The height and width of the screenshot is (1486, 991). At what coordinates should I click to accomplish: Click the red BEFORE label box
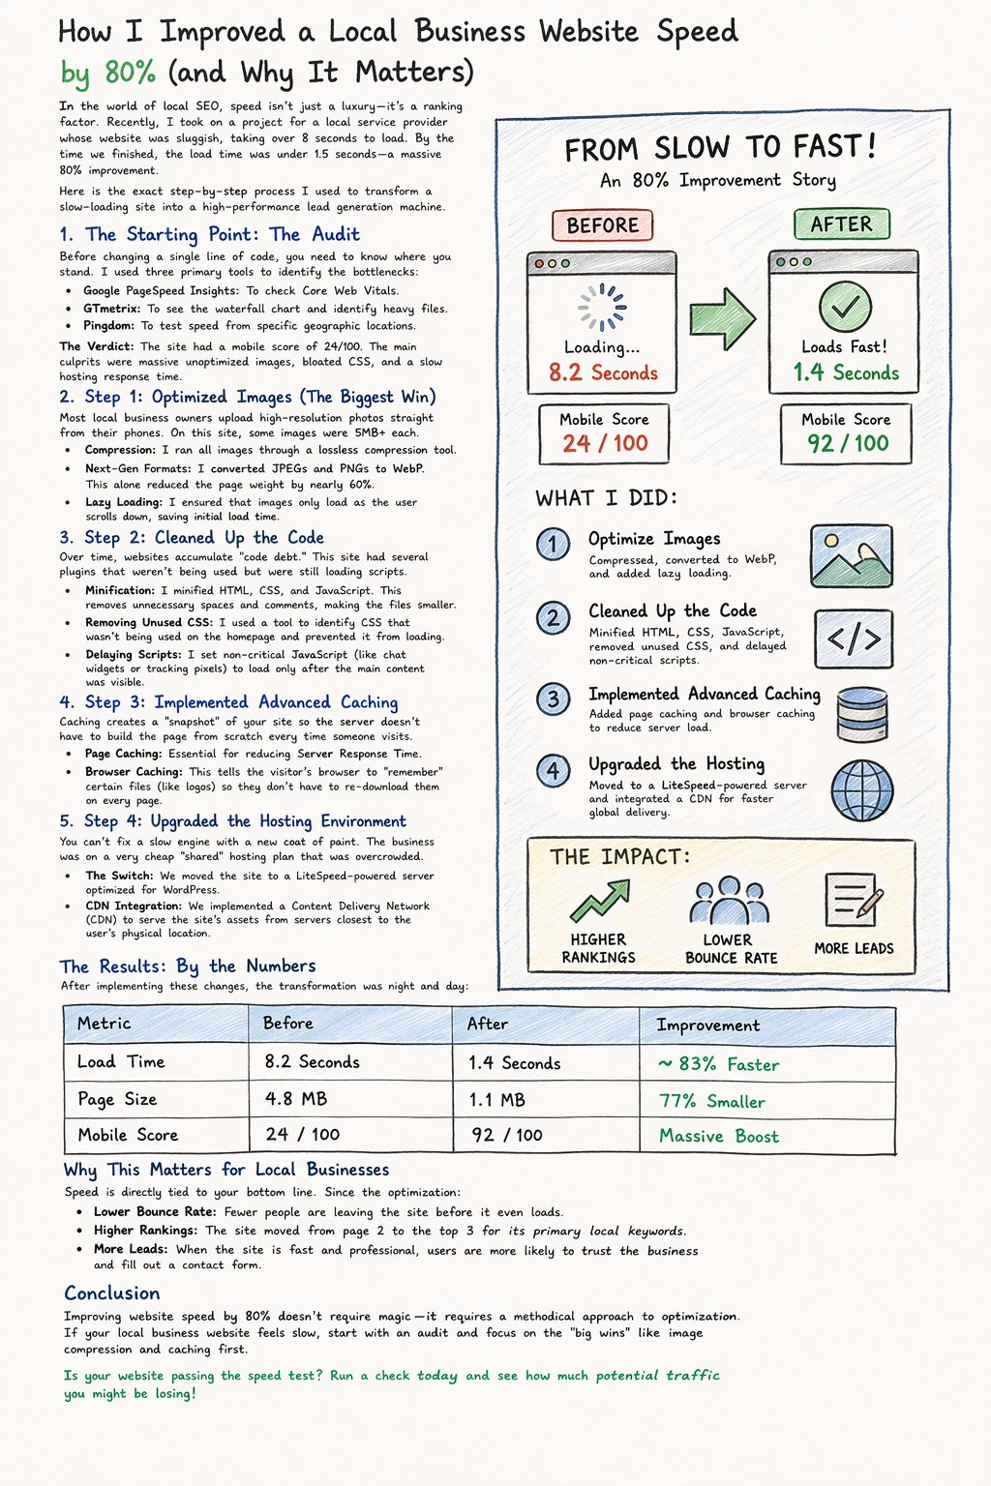pyautogui.click(x=602, y=225)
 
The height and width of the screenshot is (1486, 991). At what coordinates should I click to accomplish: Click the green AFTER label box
pyautogui.click(x=841, y=224)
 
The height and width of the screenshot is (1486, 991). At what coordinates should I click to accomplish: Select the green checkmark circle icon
pyautogui.click(x=845, y=307)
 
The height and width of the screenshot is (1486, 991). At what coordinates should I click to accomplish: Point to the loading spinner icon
pyautogui.click(x=602, y=307)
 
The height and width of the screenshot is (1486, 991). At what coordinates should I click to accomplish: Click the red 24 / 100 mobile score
pyautogui.click(x=605, y=444)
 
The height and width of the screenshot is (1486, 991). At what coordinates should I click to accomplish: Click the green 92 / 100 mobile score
pyautogui.click(x=847, y=444)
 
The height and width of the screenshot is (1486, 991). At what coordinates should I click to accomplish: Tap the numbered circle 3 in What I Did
pyautogui.click(x=553, y=698)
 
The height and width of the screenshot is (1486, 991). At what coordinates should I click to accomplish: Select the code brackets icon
pyautogui.click(x=854, y=639)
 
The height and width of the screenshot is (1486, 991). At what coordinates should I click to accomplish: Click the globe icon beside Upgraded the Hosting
pyautogui.click(x=861, y=790)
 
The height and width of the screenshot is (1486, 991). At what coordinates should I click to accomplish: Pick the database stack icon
pyautogui.click(x=861, y=714)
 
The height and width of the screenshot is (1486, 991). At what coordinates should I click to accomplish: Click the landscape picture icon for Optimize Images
pyautogui.click(x=852, y=556)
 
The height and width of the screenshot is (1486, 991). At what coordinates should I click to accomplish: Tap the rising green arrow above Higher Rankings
pyautogui.click(x=599, y=901)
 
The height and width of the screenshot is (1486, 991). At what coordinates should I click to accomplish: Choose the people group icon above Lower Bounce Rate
pyautogui.click(x=729, y=901)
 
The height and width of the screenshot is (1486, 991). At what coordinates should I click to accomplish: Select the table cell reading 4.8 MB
pyautogui.click(x=295, y=1099)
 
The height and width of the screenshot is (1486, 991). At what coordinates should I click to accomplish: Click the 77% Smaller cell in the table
pyautogui.click(x=711, y=1102)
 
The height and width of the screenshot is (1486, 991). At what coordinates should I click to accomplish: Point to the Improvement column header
pyautogui.click(x=707, y=1025)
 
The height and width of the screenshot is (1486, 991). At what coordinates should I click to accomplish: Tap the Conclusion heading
pyautogui.click(x=111, y=1293)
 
